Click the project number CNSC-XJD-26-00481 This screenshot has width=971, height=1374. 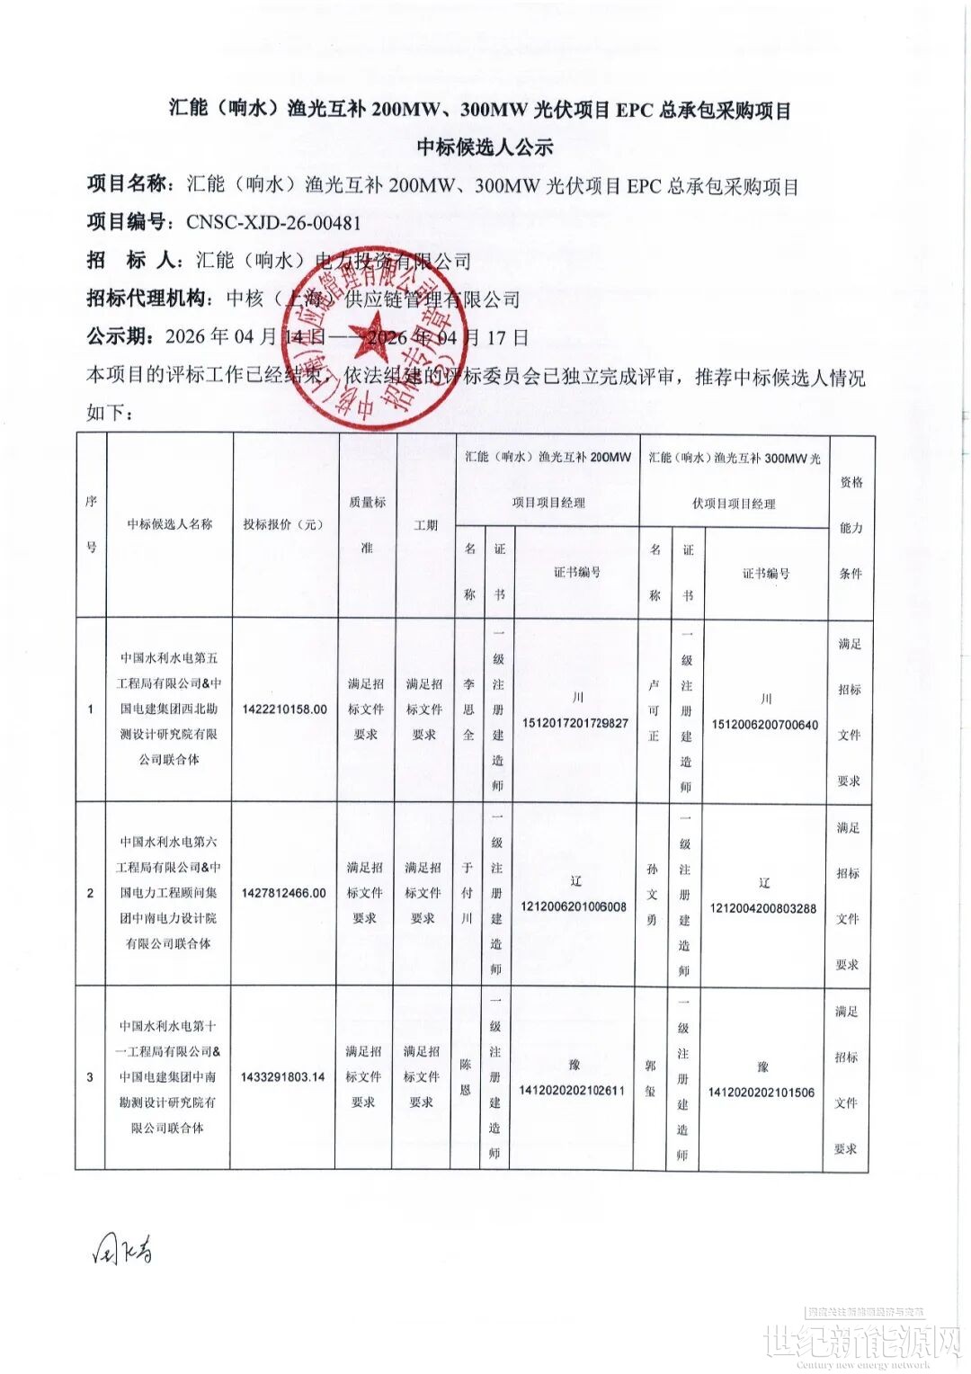pyautogui.click(x=273, y=222)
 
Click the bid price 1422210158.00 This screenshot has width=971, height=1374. pyautogui.click(x=284, y=709)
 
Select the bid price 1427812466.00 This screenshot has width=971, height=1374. pyautogui.click(x=284, y=893)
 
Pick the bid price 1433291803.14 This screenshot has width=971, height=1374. pyautogui.click(x=282, y=1076)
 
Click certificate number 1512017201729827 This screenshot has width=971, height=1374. pyautogui.click(x=575, y=723)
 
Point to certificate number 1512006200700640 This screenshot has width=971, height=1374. pyautogui.click(x=765, y=724)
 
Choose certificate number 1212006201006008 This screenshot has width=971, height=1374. pyautogui.click(x=574, y=906)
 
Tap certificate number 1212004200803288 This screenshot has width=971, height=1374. pyautogui.click(x=763, y=908)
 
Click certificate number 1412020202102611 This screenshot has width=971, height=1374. pyautogui.click(x=572, y=1090)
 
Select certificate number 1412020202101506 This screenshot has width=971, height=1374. pyautogui.click(x=762, y=1093)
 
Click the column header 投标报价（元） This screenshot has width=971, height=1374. pyautogui.click(x=284, y=524)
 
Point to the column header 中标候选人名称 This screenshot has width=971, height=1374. pyautogui.click(x=170, y=524)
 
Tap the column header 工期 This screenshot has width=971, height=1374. pyautogui.click(x=425, y=525)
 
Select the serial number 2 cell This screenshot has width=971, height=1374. pyautogui.click(x=90, y=893)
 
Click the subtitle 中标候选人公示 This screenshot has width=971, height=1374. pyautogui.click(x=485, y=147)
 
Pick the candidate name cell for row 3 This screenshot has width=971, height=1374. pyautogui.click(x=168, y=1076)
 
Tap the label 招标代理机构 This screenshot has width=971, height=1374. pyautogui.click(x=150, y=299)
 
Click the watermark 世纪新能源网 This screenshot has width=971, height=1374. pyautogui.click(x=861, y=1341)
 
